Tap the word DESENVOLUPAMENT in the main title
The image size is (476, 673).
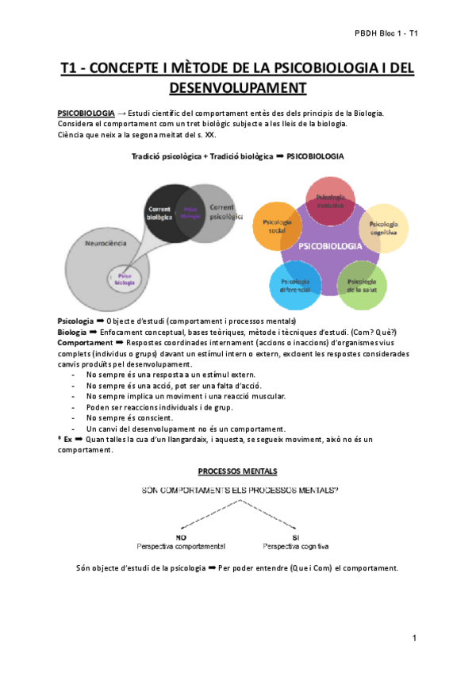coord(238,87)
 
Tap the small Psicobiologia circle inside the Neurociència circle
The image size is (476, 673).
coord(125,278)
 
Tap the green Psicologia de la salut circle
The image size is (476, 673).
coord(362,287)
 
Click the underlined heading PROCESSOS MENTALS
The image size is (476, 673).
coord(237,471)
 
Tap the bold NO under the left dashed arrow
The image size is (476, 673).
coord(181,536)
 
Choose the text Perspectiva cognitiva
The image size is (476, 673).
coord(294,547)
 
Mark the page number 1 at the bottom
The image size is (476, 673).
coord(414,638)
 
